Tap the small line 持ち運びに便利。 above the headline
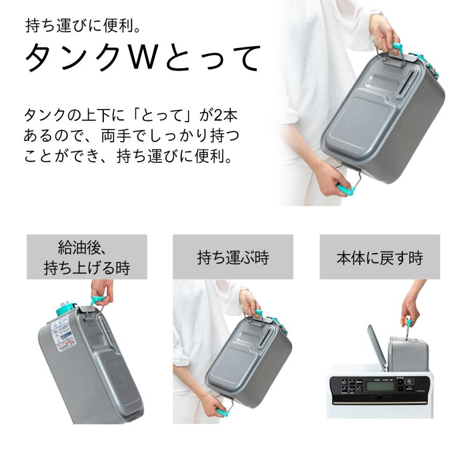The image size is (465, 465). pyautogui.click(x=83, y=25)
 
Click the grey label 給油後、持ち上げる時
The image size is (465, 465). pyautogui.click(x=87, y=257)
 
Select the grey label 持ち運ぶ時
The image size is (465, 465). pyautogui.click(x=233, y=257)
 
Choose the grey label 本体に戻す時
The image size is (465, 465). pyautogui.click(x=379, y=257)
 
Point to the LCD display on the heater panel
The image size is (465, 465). pyautogui.click(x=381, y=386)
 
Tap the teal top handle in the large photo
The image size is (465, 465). pyautogui.click(x=397, y=48)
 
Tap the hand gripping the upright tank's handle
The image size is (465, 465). pyautogui.click(x=101, y=291)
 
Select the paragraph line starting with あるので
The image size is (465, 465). pyautogui.click(x=132, y=136)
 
